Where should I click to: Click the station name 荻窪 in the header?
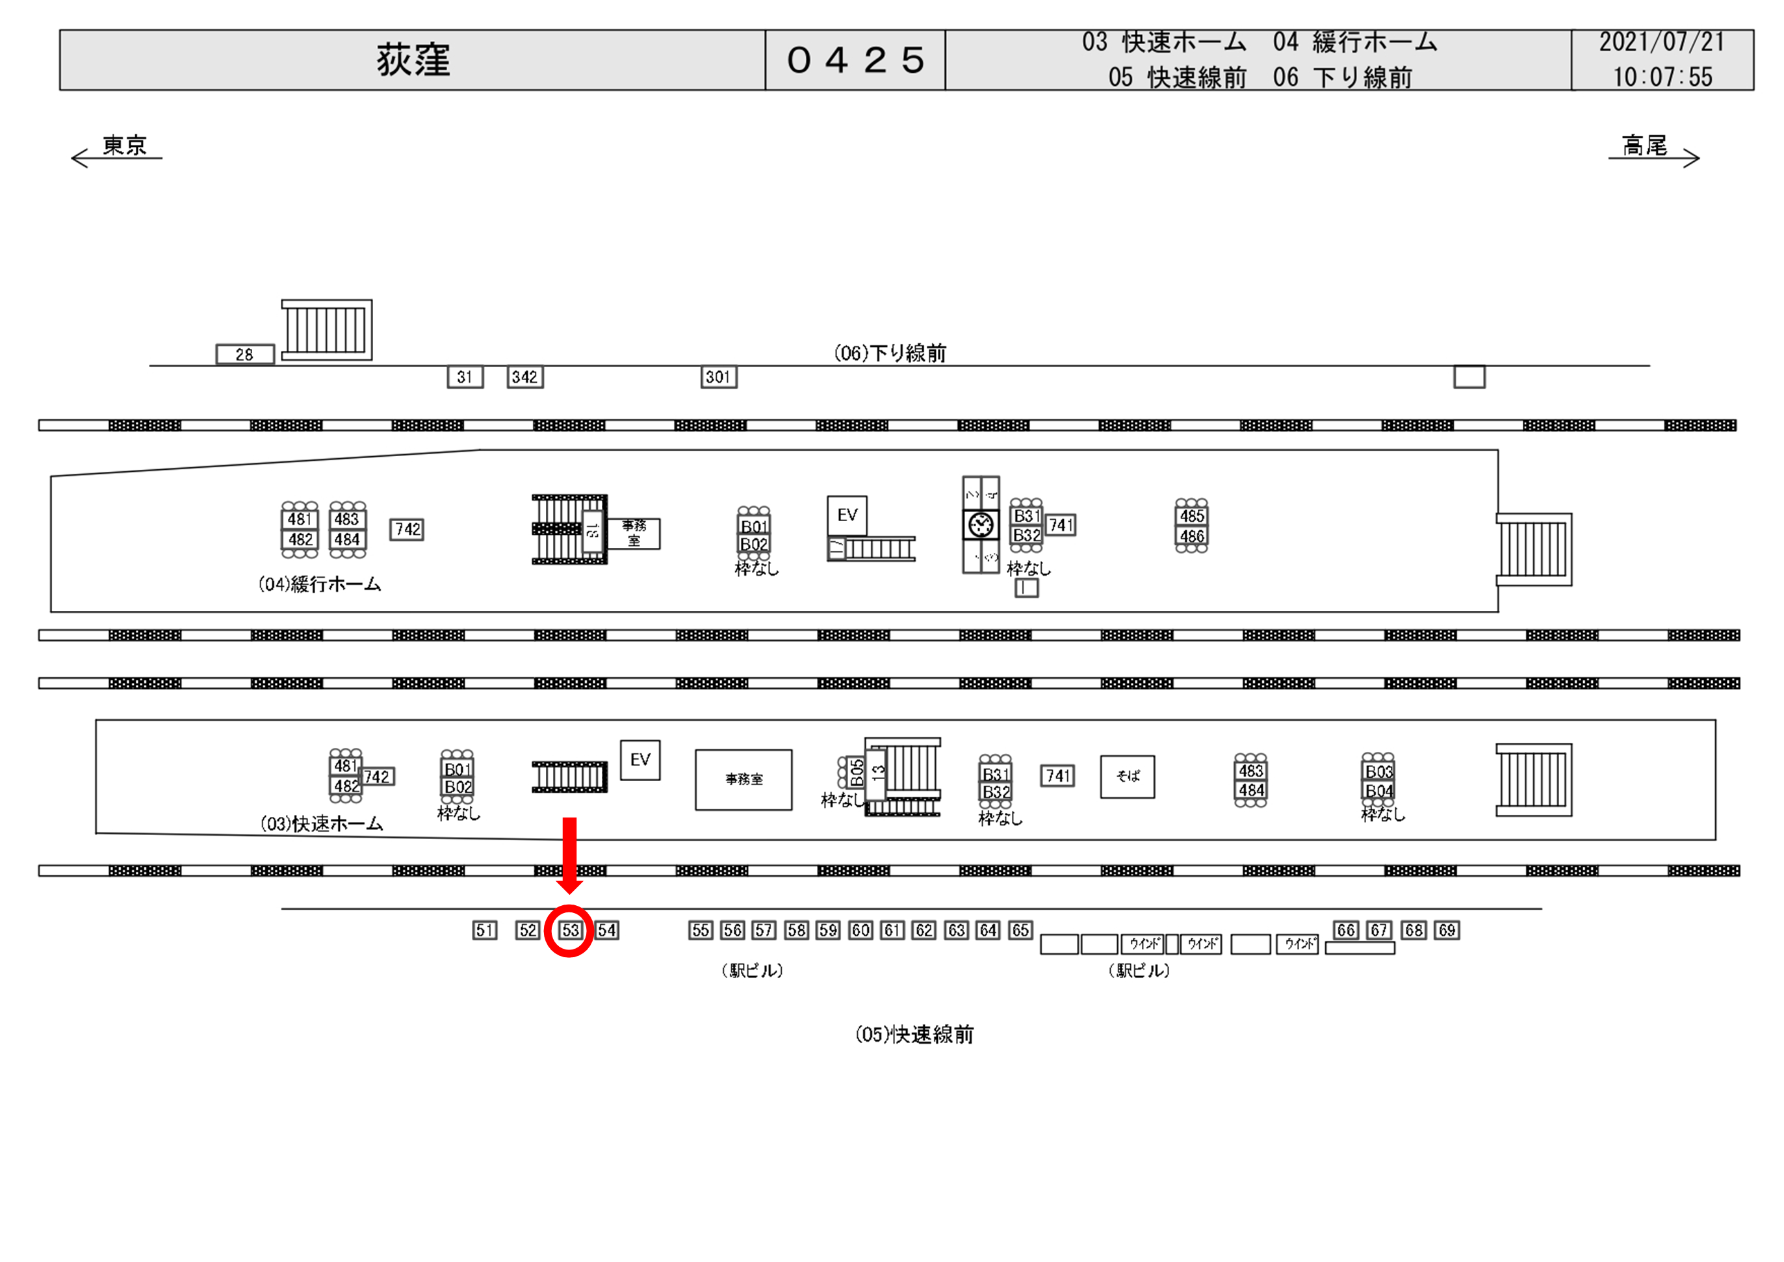413,60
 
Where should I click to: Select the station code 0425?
855,60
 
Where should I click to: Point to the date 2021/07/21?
1661,42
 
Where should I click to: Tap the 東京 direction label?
124,146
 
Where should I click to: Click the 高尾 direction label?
1645,146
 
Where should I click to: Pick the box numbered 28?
245,355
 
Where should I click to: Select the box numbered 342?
524,378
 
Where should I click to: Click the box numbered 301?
718,378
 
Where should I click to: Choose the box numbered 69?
1447,930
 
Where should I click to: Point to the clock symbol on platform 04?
981,524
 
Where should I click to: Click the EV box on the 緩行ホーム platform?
847,515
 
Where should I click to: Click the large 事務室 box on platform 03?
743,779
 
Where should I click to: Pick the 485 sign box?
1192,516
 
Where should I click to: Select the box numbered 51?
485,930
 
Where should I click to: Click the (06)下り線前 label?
890,354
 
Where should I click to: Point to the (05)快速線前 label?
914,1035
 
